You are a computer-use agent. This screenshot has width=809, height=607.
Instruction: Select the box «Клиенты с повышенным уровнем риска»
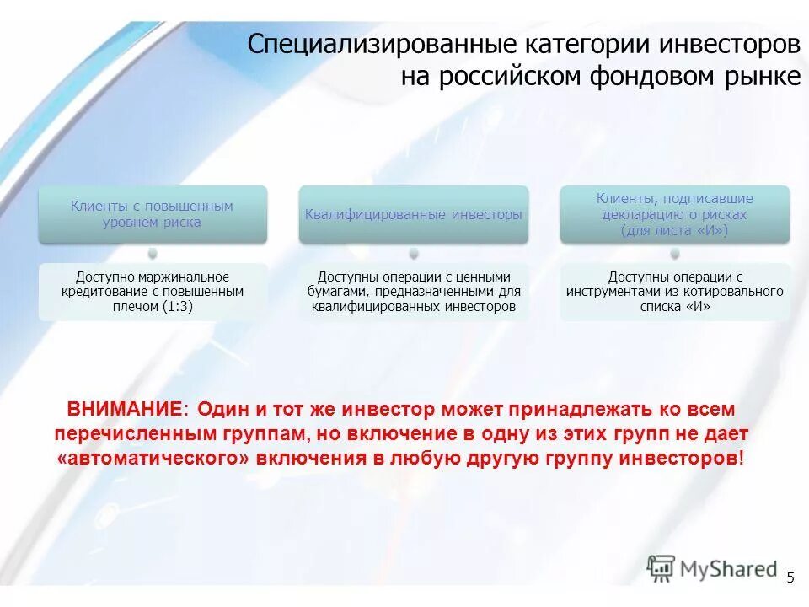tap(152, 214)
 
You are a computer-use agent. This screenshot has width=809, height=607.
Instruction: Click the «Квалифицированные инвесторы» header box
tap(413, 215)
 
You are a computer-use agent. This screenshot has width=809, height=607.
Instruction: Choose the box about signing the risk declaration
tap(675, 214)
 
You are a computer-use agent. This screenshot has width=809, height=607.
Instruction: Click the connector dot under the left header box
tap(152, 253)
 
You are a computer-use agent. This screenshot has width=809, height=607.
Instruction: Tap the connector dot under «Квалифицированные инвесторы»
tap(413, 253)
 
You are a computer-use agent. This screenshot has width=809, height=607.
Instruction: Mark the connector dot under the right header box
tap(675, 253)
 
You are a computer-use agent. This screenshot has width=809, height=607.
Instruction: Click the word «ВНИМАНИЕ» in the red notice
tap(125, 410)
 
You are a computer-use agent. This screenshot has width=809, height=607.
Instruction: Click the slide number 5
tap(790, 577)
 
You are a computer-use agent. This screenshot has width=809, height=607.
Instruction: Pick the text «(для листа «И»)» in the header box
tap(675, 230)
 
